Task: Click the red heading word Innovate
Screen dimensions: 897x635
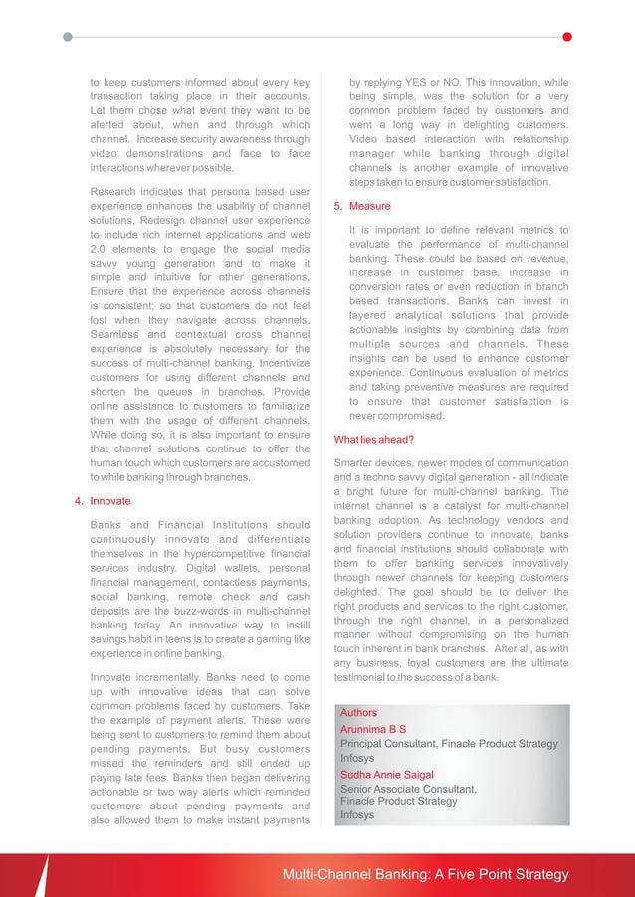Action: click(110, 502)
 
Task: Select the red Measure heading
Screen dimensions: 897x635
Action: click(370, 207)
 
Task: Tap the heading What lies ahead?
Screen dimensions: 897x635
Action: click(374, 440)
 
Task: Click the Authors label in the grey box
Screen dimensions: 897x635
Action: click(359, 713)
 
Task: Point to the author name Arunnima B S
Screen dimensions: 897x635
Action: click(373, 729)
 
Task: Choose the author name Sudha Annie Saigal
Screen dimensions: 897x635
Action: click(387, 775)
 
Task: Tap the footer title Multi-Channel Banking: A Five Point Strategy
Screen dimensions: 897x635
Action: click(425, 875)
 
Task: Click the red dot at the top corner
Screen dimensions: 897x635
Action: click(567, 37)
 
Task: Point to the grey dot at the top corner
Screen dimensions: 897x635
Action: click(67, 37)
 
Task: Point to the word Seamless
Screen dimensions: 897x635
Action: click(116, 334)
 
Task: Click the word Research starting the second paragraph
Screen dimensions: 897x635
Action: click(116, 191)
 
